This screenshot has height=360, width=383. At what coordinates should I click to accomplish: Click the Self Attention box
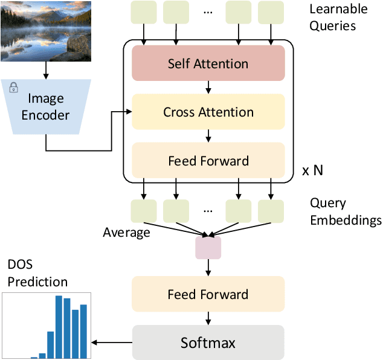(x=208, y=63)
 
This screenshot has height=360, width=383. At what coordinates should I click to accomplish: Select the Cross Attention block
(x=208, y=112)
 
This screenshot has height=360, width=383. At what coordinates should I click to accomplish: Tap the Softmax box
(x=208, y=342)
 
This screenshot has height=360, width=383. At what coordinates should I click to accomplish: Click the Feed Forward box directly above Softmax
(x=208, y=294)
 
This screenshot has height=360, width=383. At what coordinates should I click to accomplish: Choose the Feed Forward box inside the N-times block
(x=208, y=161)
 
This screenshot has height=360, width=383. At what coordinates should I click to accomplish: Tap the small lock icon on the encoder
(x=13, y=89)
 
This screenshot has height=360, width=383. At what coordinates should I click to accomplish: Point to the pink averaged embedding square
(x=208, y=248)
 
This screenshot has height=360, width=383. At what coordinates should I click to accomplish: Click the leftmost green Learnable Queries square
(x=143, y=12)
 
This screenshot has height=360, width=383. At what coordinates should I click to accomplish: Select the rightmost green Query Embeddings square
(x=271, y=211)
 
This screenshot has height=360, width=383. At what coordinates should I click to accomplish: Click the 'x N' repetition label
(x=312, y=170)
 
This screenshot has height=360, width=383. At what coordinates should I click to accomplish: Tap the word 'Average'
(x=126, y=233)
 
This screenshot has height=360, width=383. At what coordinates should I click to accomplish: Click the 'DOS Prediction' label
(x=37, y=273)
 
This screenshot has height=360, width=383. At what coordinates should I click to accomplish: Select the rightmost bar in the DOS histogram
(x=83, y=332)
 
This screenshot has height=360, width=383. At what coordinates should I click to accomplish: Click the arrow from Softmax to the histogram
(x=112, y=342)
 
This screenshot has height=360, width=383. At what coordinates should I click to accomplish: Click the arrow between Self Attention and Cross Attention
(x=208, y=88)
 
